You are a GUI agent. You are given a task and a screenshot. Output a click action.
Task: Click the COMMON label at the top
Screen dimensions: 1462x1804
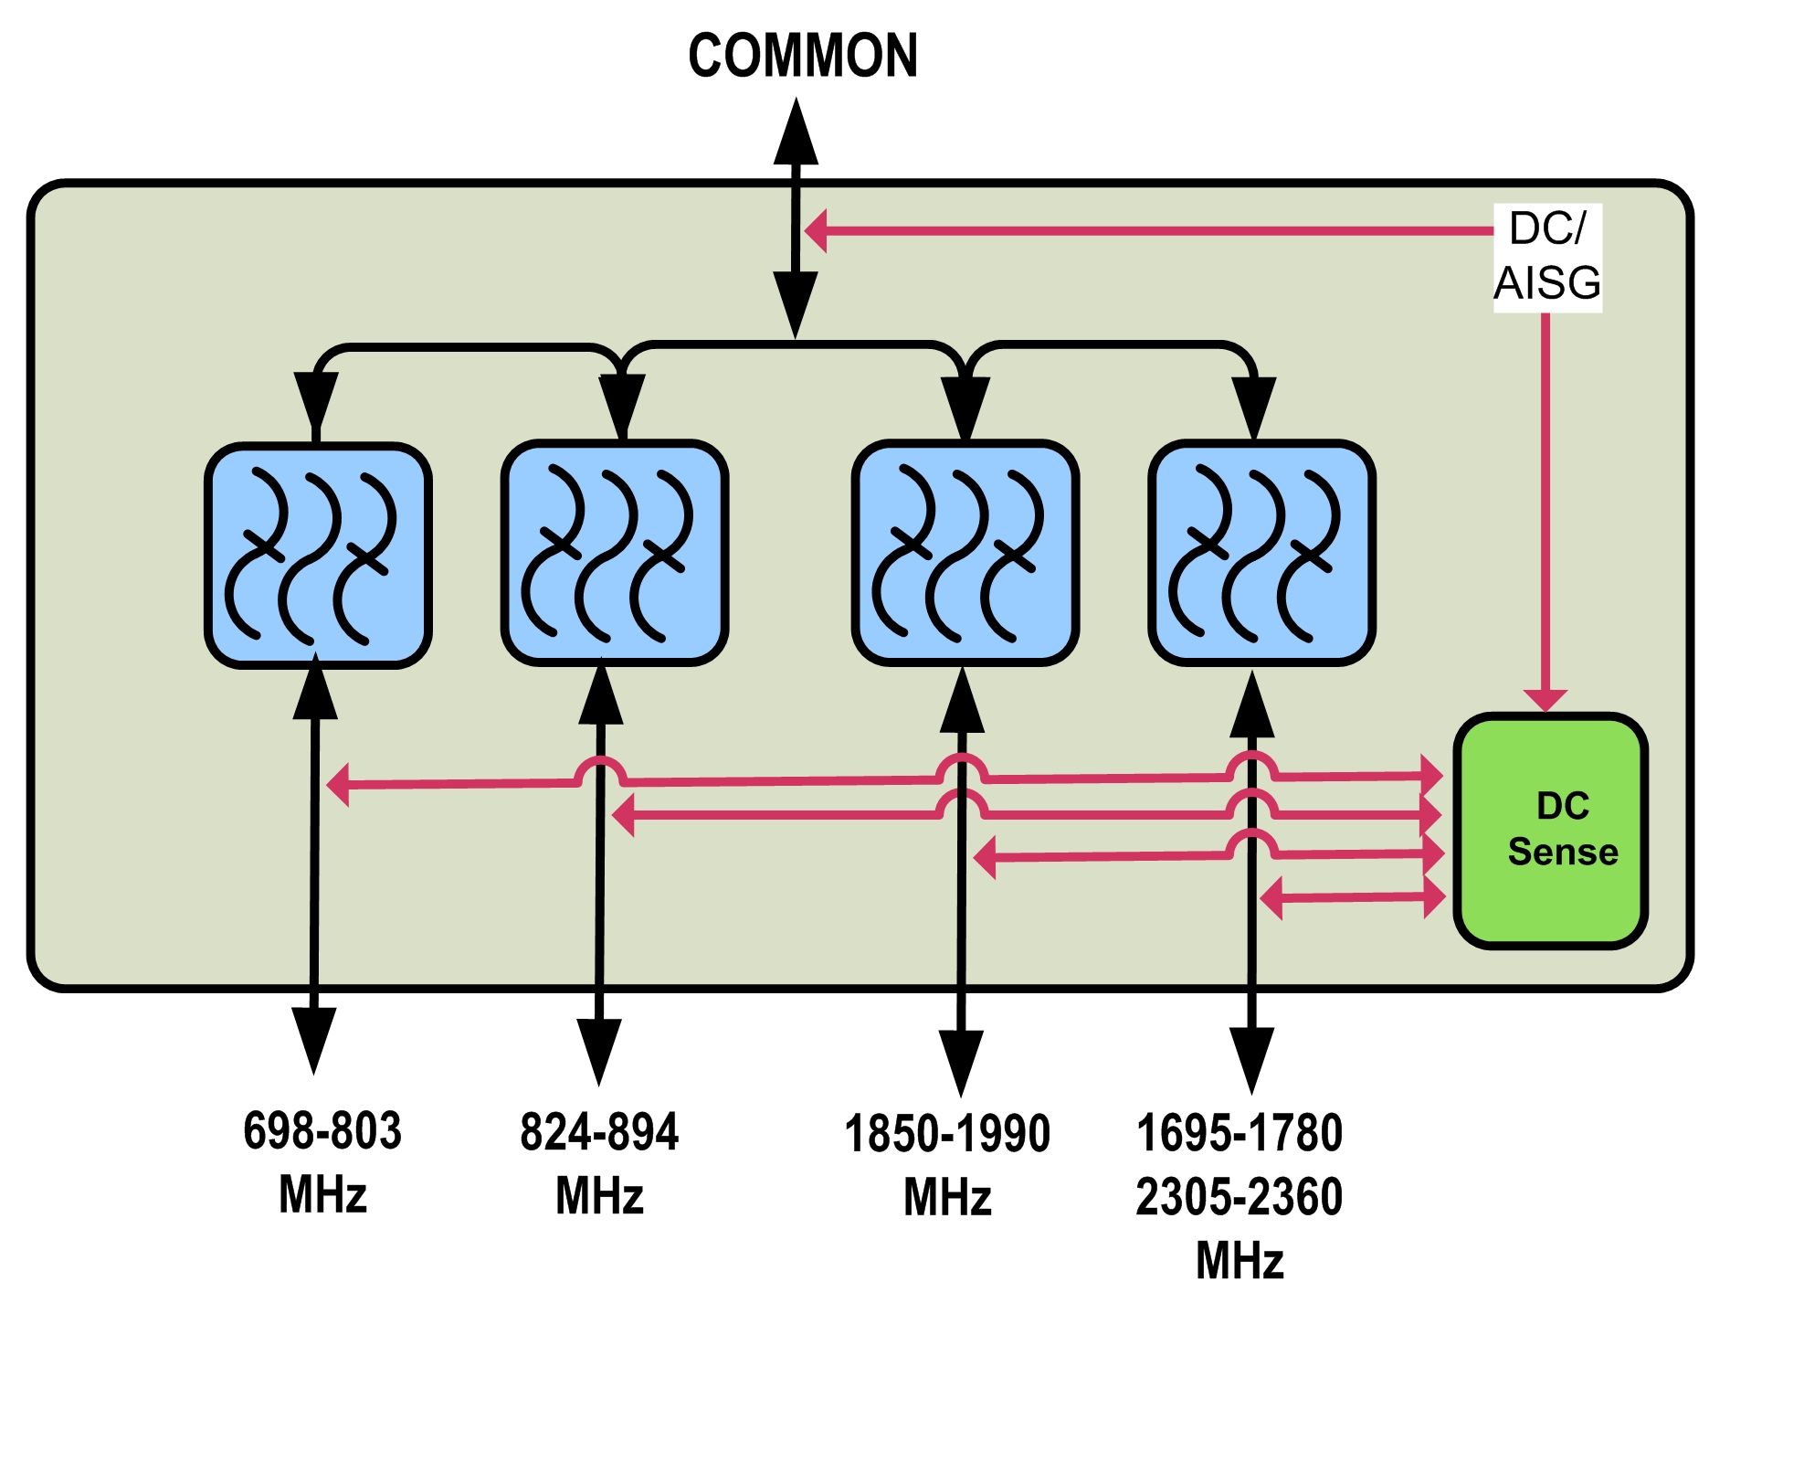(802, 57)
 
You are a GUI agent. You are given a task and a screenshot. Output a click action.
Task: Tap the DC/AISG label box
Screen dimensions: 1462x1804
(1547, 257)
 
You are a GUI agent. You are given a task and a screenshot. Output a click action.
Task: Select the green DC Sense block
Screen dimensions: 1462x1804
(1550, 830)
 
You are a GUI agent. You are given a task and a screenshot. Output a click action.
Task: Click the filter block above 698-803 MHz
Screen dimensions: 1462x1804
(318, 556)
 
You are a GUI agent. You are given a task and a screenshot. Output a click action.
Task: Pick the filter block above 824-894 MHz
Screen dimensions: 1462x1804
(614, 553)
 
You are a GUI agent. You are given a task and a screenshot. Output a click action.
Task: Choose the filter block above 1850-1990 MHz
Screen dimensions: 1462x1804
(965, 553)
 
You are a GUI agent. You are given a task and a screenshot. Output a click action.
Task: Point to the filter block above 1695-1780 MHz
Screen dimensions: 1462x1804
(1261, 553)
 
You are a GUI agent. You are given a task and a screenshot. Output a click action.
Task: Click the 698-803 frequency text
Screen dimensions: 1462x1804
(322, 1130)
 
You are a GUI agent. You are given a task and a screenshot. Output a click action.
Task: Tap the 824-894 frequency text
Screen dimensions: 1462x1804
(599, 1132)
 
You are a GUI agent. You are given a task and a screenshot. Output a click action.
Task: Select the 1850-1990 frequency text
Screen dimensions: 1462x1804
(947, 1134)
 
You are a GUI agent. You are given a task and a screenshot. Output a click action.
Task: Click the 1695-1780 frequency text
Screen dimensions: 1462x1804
(1240, 1133)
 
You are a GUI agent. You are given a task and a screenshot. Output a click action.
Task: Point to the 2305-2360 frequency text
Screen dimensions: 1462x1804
(1240, 1197)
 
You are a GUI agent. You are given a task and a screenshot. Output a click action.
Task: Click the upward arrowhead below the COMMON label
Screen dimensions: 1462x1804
(797, 132)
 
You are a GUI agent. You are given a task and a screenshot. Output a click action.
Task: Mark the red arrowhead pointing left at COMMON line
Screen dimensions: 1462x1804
(816, 230)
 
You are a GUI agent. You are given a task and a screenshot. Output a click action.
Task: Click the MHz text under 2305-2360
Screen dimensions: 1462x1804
(1240, 1261)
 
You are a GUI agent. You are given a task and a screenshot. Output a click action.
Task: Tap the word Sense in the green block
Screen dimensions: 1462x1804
(1563, 852)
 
